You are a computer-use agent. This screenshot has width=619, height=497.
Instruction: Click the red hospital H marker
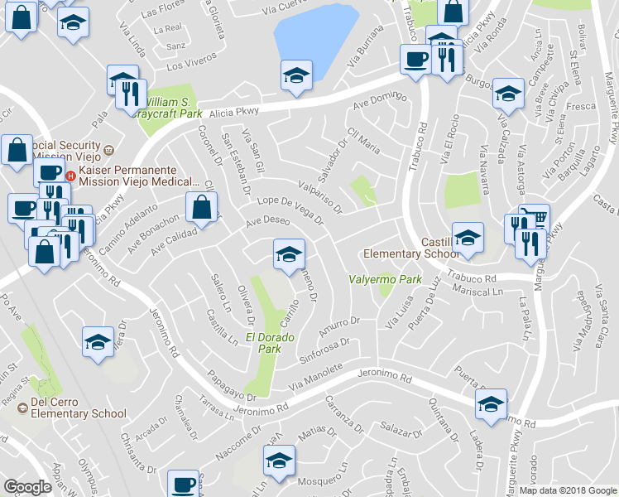pyautogui.click(x=70, y=176)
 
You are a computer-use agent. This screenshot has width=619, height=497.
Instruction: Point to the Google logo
pyautogui.click(x=27, y=487)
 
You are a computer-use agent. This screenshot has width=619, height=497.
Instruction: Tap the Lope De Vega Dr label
pyautogui.click(x=290, y=210)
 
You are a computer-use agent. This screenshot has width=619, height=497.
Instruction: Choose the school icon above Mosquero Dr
pyautogui.click(x=279, y=460)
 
